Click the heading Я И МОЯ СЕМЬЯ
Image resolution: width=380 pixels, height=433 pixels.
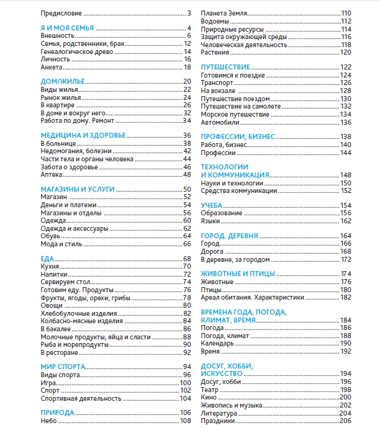click(67, 28)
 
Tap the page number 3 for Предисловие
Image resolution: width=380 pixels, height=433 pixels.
click(188, 12)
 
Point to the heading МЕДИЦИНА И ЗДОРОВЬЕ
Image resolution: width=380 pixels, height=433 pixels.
click(83, 135)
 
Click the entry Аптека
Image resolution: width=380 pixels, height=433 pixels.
click(50, 174)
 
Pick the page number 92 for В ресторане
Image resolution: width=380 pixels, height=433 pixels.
click(186, 352)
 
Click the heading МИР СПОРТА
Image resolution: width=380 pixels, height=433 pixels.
click(63, 367)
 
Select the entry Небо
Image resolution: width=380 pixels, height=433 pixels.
click(48, 421)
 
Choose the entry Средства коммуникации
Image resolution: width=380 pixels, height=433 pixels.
click(239, 190)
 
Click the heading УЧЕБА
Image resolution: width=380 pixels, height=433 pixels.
click(212, 205)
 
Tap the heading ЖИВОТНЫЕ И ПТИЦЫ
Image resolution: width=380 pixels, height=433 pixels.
click(238, 274)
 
